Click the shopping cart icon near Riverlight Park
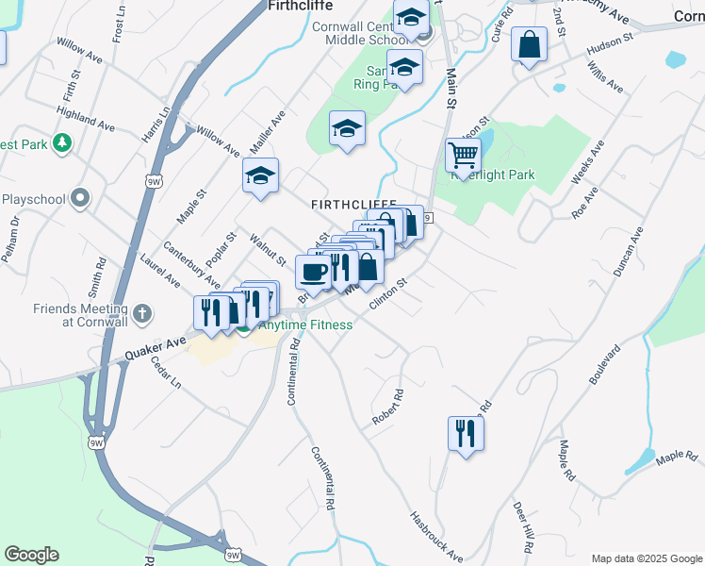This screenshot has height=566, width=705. click(463, 154)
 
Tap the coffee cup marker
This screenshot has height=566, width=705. click(313, 272)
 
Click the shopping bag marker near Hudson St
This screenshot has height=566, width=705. click(529, 44)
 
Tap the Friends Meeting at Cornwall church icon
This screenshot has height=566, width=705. click(141, 312)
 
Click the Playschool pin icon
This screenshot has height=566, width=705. click(81, 199)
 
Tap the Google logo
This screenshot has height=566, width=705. click(31, 555)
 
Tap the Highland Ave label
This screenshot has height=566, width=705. click(85, 117)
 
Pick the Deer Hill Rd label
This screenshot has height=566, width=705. click(522, 528)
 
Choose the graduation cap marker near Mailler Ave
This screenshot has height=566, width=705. click(261, 175)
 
